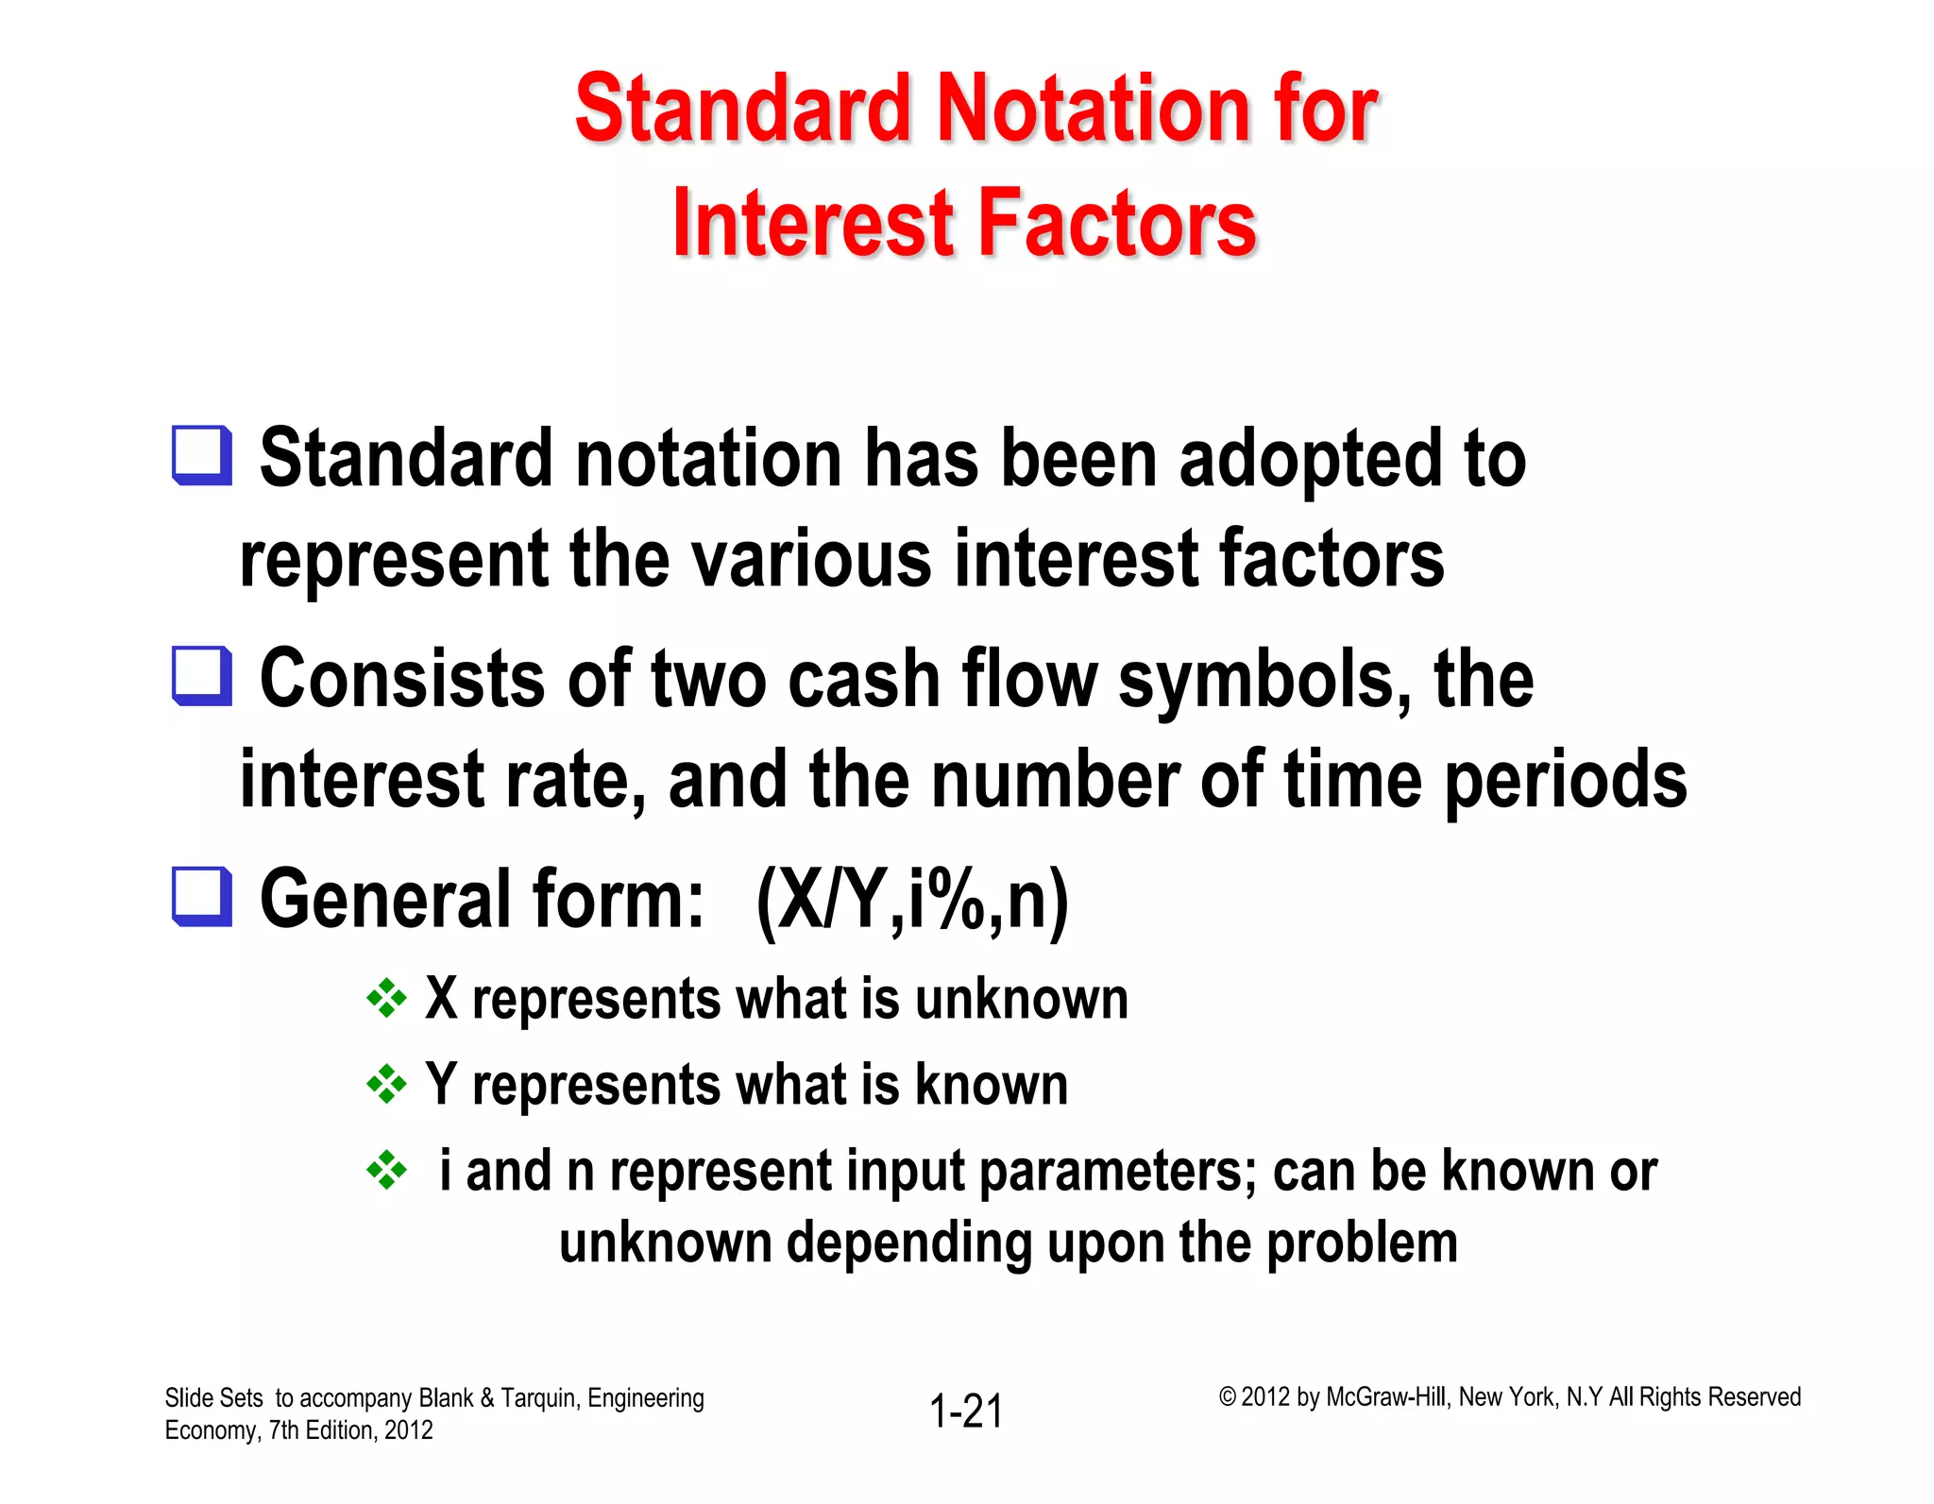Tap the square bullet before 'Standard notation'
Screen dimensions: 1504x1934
201,455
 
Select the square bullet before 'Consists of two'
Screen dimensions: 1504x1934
201,675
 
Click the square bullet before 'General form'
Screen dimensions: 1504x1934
201,896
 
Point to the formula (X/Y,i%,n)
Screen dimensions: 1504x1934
912,900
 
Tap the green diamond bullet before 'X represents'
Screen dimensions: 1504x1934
386,998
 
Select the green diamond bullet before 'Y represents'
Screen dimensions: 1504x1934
386,1085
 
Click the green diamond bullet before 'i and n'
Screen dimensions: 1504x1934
386,1171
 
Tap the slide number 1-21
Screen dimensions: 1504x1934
966,1411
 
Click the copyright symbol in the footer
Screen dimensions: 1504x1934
1227,1397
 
